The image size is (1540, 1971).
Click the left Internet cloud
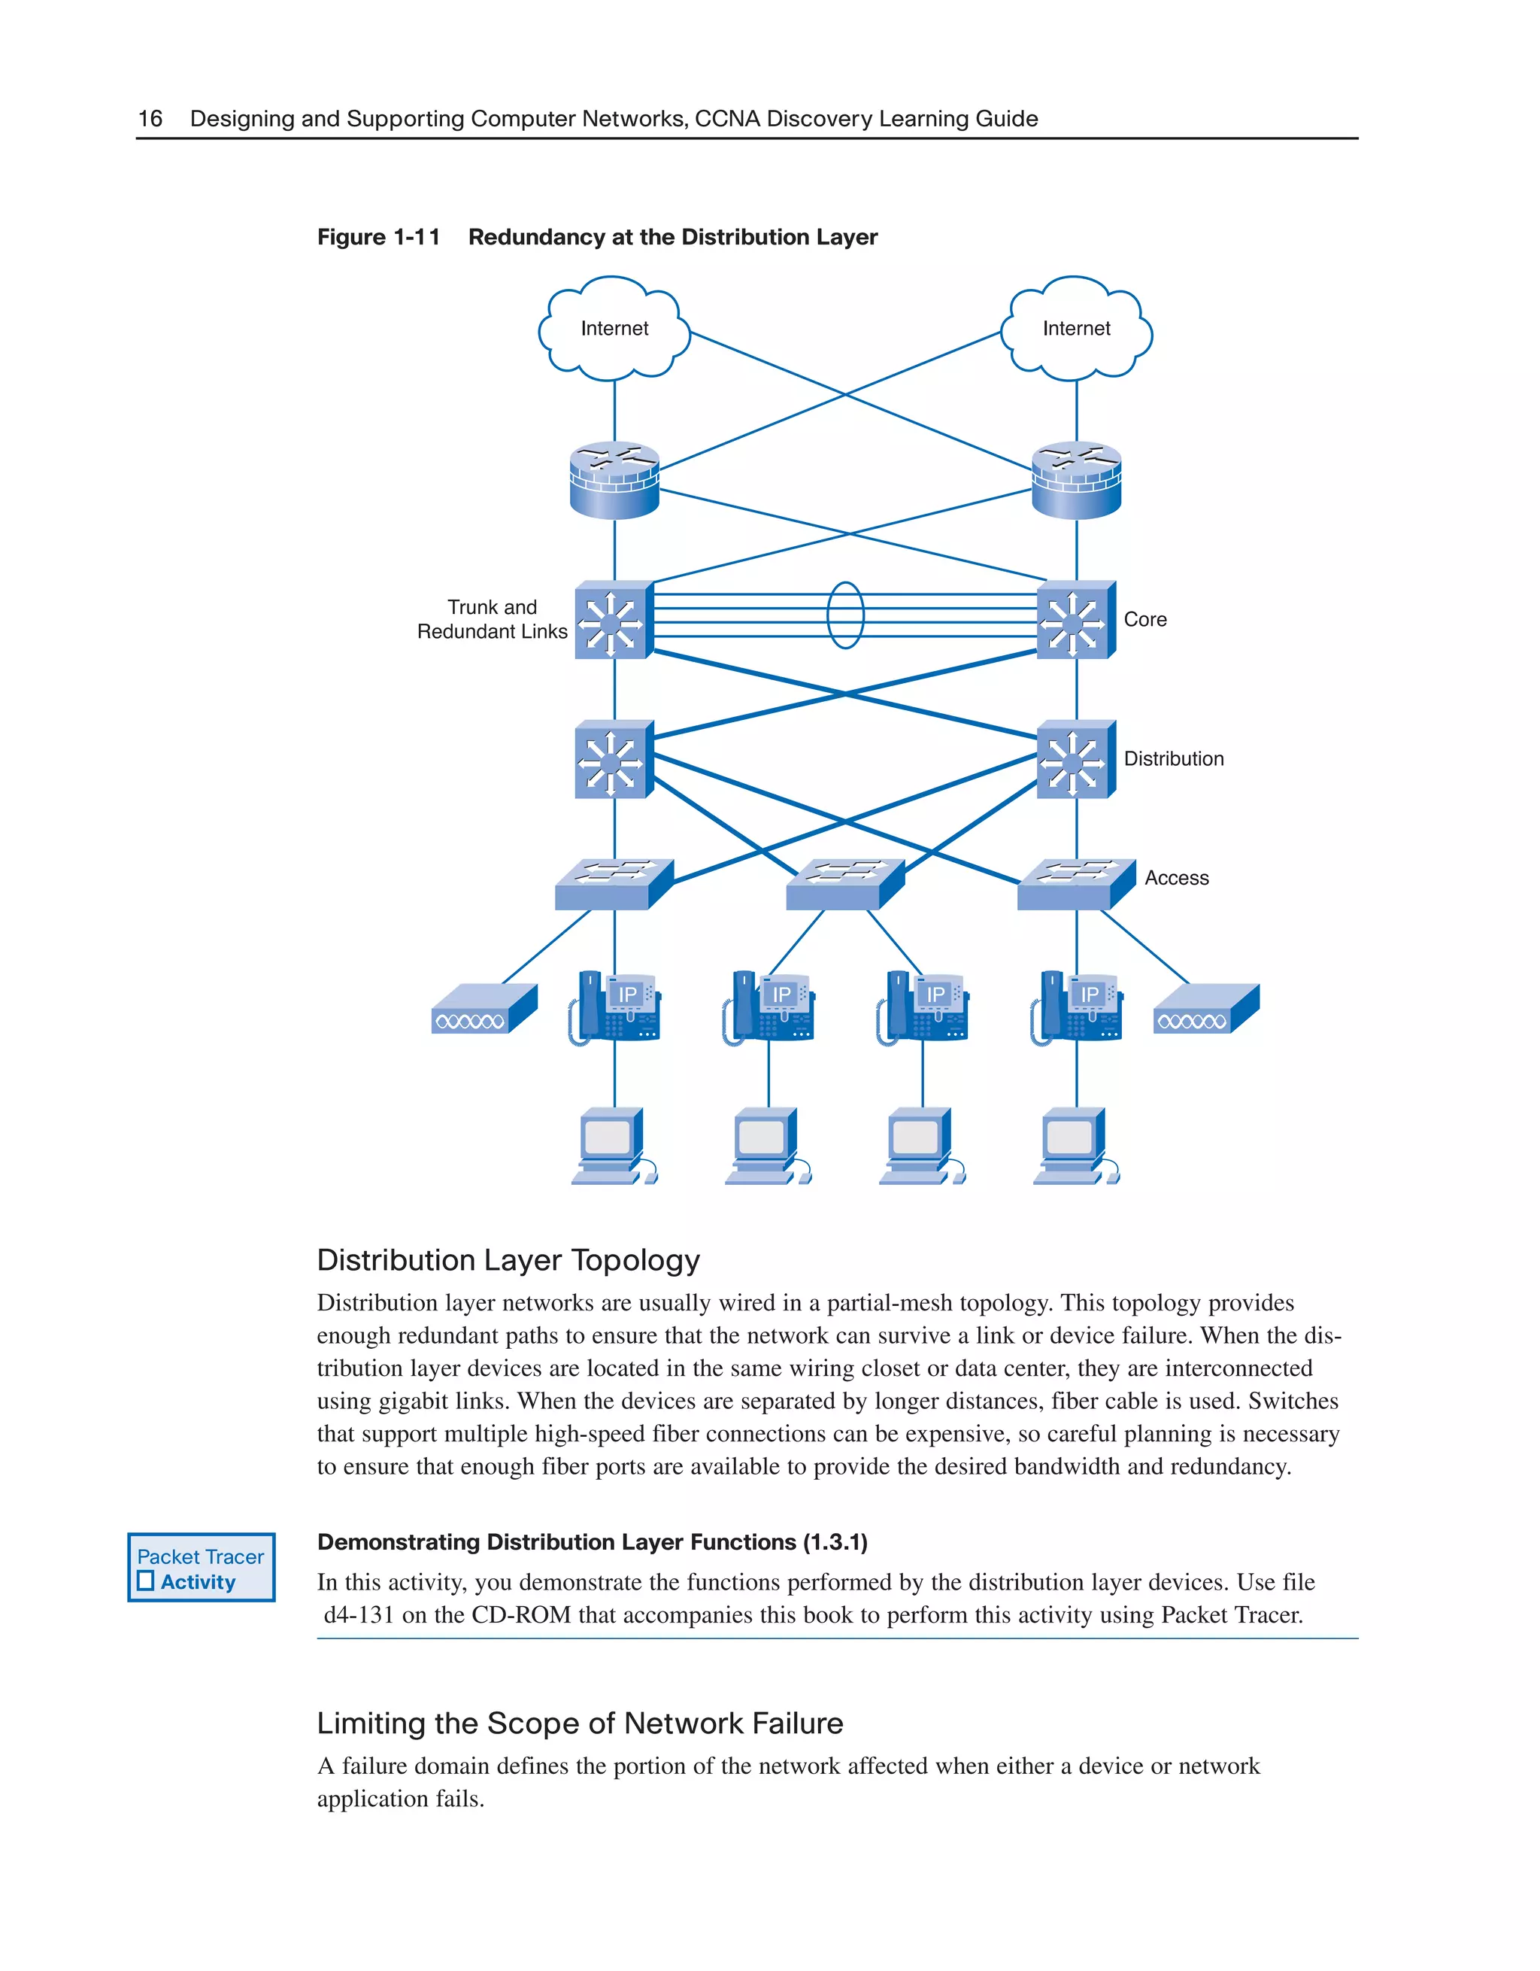614,330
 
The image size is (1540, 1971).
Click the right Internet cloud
1076,330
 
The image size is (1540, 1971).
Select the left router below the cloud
614,480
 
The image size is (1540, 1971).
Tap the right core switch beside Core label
1075,621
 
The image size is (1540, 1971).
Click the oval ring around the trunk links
845,615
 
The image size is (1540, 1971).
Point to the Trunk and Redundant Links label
492,619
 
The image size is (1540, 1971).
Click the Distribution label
1173,759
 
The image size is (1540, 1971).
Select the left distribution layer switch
614,761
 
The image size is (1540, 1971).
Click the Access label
1175,878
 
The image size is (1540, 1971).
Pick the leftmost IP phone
615,1008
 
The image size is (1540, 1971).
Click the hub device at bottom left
484,1009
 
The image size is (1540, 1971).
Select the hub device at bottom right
1205,1009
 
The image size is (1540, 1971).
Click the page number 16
150,118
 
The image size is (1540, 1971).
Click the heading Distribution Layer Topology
508,1260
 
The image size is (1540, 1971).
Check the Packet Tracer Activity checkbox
146,1581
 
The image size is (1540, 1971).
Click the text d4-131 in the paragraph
358,1614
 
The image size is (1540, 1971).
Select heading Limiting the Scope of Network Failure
579,1723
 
